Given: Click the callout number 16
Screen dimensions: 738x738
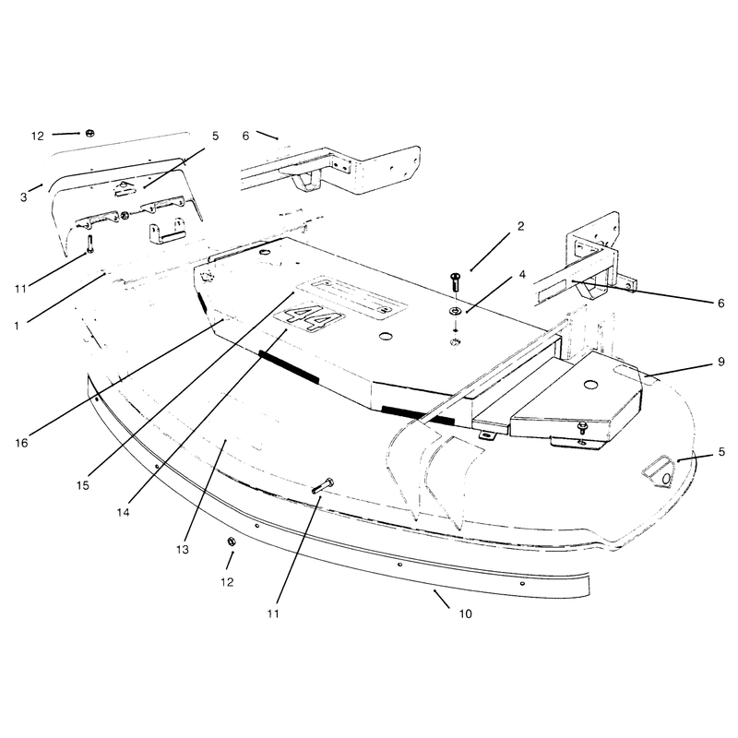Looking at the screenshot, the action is [21, 443].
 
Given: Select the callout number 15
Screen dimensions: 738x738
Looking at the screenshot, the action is [83, 485].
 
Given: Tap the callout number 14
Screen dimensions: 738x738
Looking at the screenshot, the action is [124, 512].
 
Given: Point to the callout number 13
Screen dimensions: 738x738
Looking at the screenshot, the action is [183, 549].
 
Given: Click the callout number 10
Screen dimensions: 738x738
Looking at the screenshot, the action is [466, 613].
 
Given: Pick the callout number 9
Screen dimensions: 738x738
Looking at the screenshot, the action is [721, 362].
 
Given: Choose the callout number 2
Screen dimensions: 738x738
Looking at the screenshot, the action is [520, 226].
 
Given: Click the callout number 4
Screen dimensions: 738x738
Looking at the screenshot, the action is [522, 274].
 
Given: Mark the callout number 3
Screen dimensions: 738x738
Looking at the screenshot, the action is [24, 197].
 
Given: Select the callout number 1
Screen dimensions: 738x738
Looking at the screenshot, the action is [17, 326].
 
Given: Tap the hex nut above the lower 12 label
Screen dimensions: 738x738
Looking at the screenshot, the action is [232, 542].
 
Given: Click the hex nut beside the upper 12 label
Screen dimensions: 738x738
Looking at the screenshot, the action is [89, 133].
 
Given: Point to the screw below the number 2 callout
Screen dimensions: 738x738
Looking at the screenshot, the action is [455, 281].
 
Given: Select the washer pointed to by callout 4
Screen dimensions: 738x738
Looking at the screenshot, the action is [455, 311].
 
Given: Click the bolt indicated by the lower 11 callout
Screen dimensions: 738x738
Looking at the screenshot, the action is [323, 485].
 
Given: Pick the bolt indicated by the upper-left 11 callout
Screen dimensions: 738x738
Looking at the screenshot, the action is [89, 244].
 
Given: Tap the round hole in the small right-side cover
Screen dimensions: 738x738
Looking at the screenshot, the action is [590, 385].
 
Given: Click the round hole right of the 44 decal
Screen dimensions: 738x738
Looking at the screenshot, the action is [386, 336].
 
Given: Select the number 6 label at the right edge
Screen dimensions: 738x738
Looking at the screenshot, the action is [721, 304].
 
